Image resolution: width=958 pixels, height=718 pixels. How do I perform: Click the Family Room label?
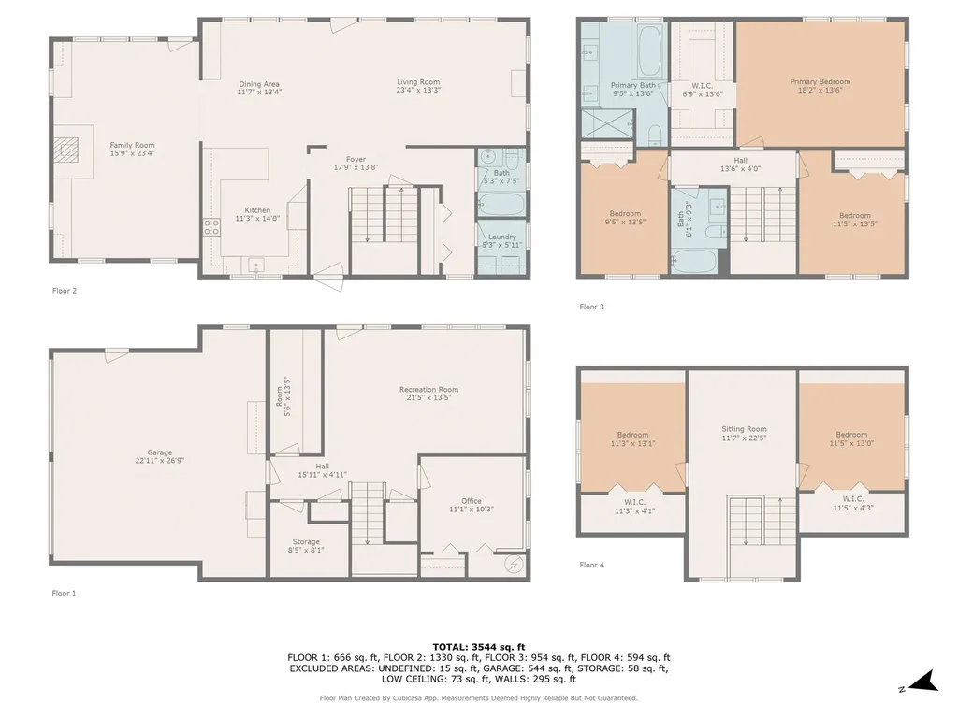click(132, 150)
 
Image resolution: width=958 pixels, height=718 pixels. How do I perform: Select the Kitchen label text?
click(257, 214)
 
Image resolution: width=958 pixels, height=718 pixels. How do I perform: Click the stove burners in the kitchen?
click(212, 227)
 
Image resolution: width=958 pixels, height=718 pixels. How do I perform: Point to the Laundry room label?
click(502, 240)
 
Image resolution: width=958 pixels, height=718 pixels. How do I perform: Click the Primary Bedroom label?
click(820, 85)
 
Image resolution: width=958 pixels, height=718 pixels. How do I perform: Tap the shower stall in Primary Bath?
click(606, 124)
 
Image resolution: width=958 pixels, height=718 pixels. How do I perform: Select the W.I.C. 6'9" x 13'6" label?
click(702, 91)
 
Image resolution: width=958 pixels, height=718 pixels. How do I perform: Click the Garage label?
click(159, 456)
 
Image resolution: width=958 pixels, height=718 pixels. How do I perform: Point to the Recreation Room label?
click(428, 394)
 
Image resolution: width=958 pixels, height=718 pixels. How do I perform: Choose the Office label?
click(472, 505)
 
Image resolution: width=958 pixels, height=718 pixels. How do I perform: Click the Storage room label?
click(306, 546)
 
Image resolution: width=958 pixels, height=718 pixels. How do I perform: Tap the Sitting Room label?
click(744, 434)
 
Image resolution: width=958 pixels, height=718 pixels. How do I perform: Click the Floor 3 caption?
click(591, 307)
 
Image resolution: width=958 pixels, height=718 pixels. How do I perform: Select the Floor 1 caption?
click(65, 593)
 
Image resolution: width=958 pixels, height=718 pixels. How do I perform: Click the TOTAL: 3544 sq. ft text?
click(479, 647)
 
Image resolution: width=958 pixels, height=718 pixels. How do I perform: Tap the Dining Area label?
click(259, 88)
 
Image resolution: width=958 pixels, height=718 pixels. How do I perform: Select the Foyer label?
click(356, 163)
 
